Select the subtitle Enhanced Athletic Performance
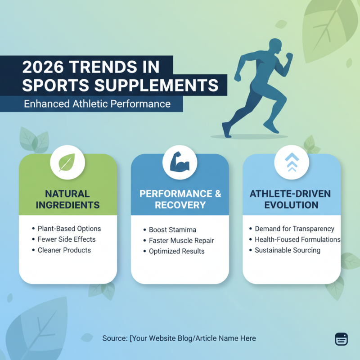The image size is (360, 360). pos(97,104)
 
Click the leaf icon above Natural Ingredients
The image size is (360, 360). pos(68,162)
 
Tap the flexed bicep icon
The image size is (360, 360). pos(180,162)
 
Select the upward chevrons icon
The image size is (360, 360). pos(292,162)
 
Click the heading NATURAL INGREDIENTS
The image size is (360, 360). pos(68,199)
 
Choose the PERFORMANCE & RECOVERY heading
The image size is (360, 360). pos(180,199)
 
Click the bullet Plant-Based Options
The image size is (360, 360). pos(69,229)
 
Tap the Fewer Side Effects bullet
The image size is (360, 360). pos(67,239)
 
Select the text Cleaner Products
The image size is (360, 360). pos(64,250)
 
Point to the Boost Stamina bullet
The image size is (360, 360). pos(172,230)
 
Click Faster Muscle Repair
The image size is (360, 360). pos(181,240)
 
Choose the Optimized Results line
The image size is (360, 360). pos(177,251)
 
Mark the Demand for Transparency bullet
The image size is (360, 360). pos(294,229)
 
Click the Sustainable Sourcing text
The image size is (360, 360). pos(288,250)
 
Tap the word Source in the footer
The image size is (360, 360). pos(114,338)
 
